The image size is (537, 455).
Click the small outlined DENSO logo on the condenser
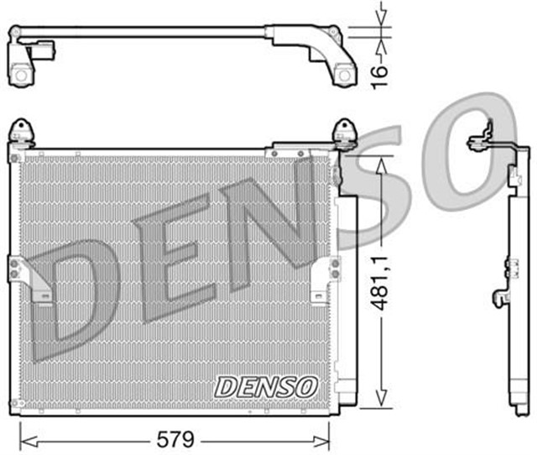[x=266, y=385]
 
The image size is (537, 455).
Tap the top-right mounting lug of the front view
[x=344, y=133]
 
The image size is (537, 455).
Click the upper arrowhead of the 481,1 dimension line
[x=382, y=164]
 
